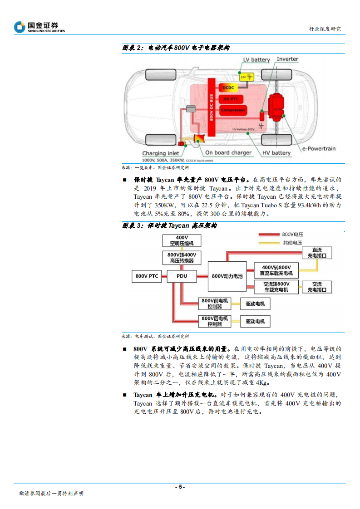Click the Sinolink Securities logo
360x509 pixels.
(39, 27)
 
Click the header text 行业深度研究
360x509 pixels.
(325, 29)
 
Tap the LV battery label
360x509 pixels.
(256, 59)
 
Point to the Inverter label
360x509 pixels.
(287, 59)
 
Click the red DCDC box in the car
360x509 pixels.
(227, 87)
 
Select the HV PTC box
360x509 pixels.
(231, 98)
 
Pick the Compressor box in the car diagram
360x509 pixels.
(233, 110)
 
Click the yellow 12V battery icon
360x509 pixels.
(247, 77)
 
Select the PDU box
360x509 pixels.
(182, 276)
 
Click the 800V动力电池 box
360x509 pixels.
(227, 276)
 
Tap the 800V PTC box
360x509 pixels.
(147, 276)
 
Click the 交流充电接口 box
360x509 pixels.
(316, 287)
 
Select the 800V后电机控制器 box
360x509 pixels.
(214, 321)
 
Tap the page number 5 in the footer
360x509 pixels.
(180, 487)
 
